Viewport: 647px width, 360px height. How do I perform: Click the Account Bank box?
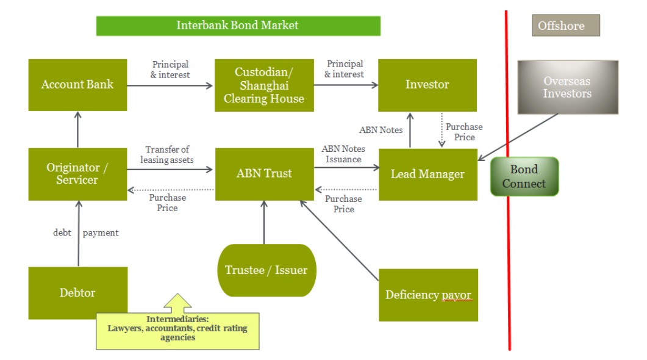[x=77, y=85]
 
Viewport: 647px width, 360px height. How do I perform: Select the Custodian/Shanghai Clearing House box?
[x=264, y=85]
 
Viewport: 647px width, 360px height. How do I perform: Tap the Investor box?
[x=427, y=85]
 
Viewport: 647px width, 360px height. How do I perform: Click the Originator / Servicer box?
[x=77, y=174]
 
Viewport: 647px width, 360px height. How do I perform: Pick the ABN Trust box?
[x=264, y=174]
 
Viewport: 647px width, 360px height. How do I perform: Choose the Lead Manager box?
[x=427, y=175]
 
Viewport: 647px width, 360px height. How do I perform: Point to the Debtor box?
[x=77, y=292]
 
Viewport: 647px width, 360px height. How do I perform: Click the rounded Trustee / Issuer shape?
[x=266, y=270]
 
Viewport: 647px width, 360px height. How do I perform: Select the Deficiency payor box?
[x=428, y=295]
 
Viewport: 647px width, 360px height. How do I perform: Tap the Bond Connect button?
[x=524, y=176]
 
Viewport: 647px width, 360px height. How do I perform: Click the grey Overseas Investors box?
[x=568, y=87]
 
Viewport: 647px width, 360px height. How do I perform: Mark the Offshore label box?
[x=565, y=26]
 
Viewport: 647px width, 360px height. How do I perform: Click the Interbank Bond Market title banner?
[x=238, y=26]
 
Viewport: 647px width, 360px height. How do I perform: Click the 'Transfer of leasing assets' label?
[x=167, y=154]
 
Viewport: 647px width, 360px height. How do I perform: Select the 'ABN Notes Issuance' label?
[x=343, y=154]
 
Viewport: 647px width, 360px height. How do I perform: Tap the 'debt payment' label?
[x=86, y=232]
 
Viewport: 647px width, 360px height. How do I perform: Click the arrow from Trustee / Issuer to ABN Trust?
[x=264, y=223]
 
